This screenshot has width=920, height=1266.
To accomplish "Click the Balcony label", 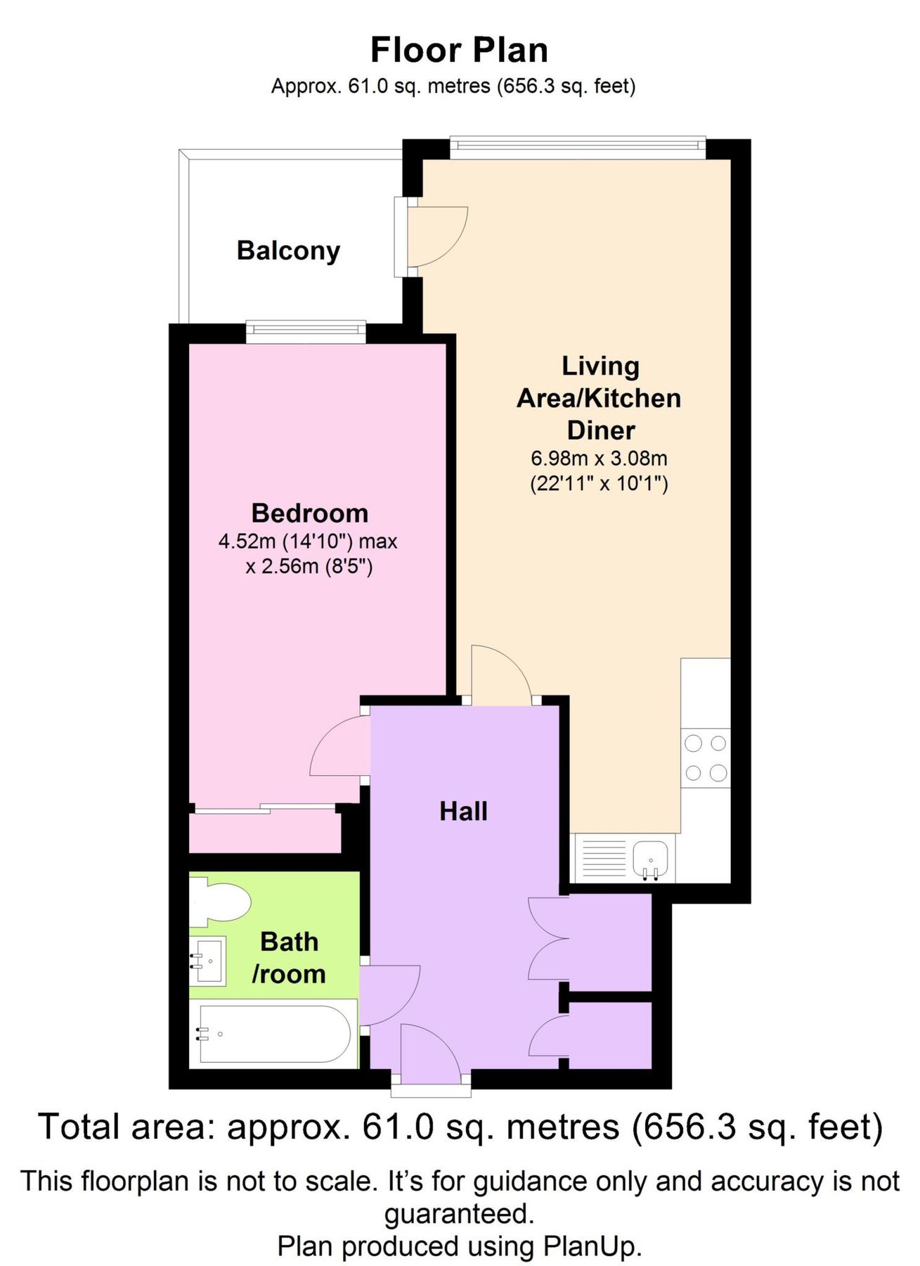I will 288,250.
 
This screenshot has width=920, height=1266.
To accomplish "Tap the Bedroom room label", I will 310,513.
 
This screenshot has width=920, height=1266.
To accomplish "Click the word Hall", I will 463,811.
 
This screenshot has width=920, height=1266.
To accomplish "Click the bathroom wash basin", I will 209,960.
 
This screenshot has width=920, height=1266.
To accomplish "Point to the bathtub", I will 274,1033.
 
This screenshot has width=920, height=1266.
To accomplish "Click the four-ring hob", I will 706,757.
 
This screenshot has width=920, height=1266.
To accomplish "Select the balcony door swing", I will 437,236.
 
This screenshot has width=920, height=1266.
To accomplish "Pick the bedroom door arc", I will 341,747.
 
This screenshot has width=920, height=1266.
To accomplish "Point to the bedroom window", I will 306,332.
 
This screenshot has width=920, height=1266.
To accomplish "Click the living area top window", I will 577,145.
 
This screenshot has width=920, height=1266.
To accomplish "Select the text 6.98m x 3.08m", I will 599,459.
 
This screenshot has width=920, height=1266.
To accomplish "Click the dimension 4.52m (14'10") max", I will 308,542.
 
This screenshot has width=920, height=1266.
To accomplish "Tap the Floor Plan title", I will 459,51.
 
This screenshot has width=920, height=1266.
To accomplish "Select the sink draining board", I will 602,857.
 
